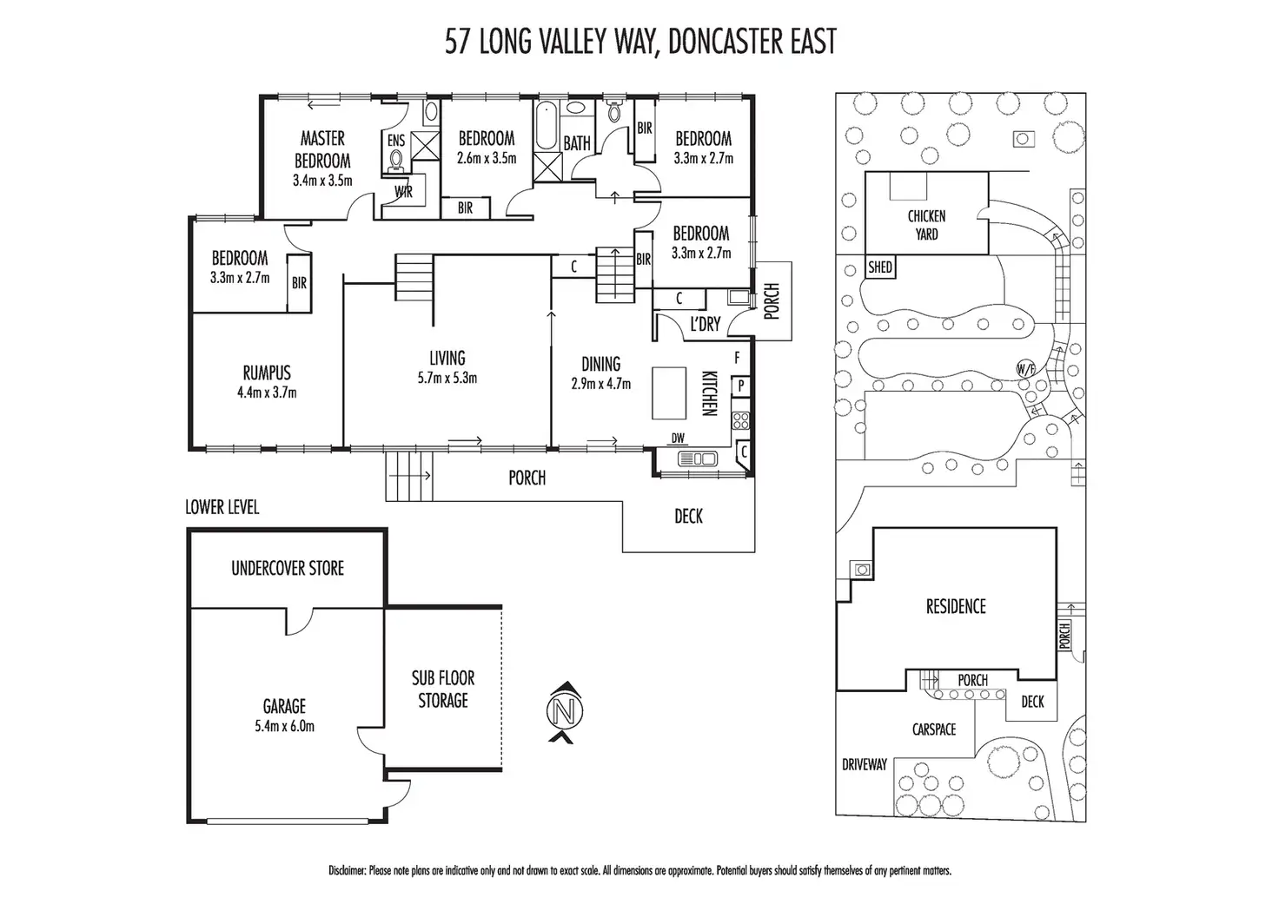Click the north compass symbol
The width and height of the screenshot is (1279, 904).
pos(565,712)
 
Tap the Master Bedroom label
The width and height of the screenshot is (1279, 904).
pos(322,149)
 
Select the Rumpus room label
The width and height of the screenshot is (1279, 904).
pos(268,373)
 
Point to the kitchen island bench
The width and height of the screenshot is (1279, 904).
pos(669,393)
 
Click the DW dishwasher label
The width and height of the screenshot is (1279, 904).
pos(678,439)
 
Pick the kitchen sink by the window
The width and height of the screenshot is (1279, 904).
pos(697,459)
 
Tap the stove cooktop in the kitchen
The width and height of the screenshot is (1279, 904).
pos(740,421)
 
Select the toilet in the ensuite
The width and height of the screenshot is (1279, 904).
pos(395,161)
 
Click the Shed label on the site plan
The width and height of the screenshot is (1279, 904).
pos(880,267)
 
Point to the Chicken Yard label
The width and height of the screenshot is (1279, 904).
pos(927,225)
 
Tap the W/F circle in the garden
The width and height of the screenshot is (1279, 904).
pos(1025,369)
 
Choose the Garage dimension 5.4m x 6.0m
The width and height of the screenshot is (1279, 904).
pos(285,727)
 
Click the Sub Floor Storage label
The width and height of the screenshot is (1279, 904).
pos(443,690)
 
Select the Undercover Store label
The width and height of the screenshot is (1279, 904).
pos(288,569)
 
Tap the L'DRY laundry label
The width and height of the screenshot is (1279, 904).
pos(706,324)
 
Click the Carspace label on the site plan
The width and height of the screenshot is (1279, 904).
pos(934,729)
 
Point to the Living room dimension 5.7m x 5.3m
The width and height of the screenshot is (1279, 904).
pos(447,378)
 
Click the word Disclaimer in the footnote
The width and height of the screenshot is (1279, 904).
pos(348,871)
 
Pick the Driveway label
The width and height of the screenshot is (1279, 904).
pos(865,765)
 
